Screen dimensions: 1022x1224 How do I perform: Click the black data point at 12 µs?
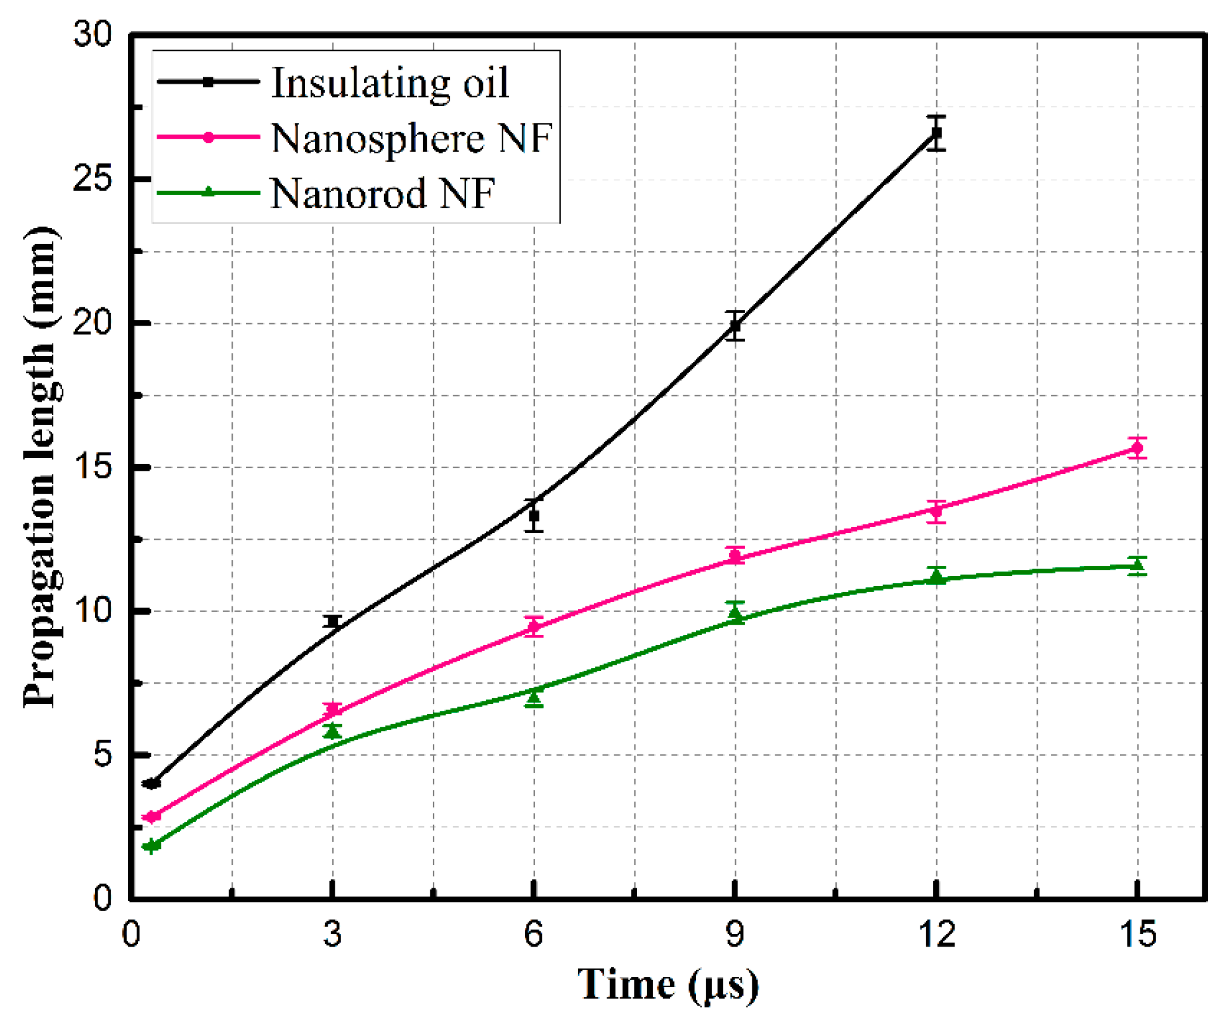[936, 133]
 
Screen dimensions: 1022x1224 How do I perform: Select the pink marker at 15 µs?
[1137, 449]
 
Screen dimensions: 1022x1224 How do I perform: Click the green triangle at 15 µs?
[1137, 565]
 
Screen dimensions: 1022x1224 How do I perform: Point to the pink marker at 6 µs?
[534, 627]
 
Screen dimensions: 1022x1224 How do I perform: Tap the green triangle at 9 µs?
[735, 613]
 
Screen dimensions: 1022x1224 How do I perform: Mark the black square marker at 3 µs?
[333, 622]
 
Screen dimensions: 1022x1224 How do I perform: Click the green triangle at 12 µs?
[936, 575]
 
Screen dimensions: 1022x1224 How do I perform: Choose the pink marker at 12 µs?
[936, 511]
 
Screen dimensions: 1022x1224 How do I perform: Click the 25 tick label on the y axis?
[93, 179]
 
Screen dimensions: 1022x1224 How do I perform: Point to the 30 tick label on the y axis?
[93, 35]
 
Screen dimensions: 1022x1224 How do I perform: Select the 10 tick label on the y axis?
[93, 611]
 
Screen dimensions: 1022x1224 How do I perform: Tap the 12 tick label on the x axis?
[936, 935]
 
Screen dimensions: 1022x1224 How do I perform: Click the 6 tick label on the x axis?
[534, 935]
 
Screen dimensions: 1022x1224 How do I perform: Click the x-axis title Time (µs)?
[667, 986]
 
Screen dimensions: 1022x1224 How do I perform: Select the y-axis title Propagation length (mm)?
[41, 467]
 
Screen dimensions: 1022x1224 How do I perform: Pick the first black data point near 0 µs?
[152, 784]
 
